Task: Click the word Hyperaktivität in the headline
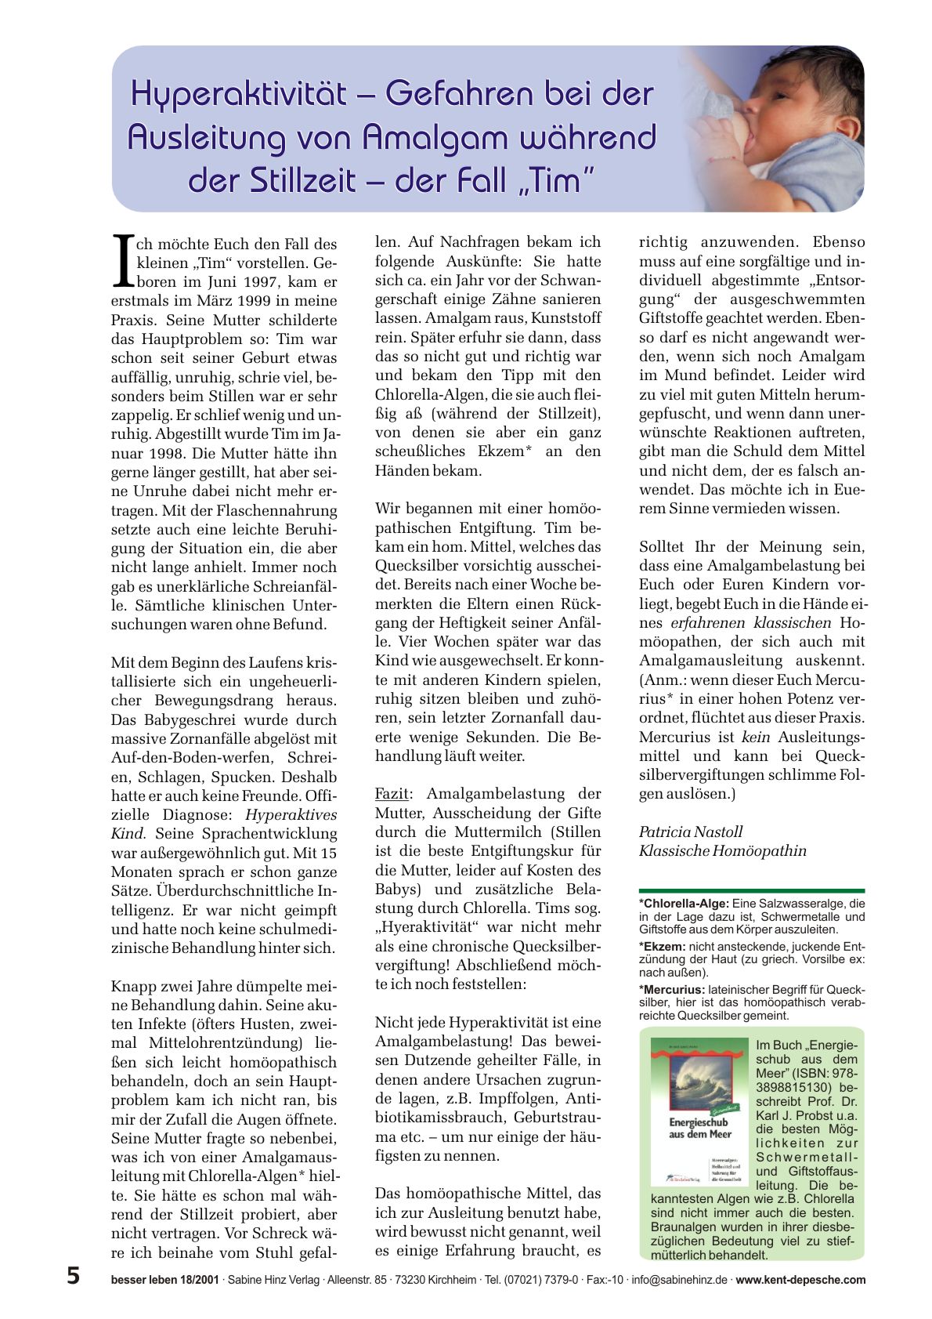(238, 95)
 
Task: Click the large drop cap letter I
(121, 260)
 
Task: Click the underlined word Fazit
(391, 794)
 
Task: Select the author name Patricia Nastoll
(690, 832)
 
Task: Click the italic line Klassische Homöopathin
(722, 851)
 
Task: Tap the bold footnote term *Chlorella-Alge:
(684, 904)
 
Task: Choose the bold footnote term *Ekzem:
(663, 946)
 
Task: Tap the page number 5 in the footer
(73, 1276)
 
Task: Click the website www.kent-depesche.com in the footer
(800, 1281)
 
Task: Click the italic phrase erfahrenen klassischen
(750, 623)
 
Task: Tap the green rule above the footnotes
(751, 891)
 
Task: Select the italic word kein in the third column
(756, 737)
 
